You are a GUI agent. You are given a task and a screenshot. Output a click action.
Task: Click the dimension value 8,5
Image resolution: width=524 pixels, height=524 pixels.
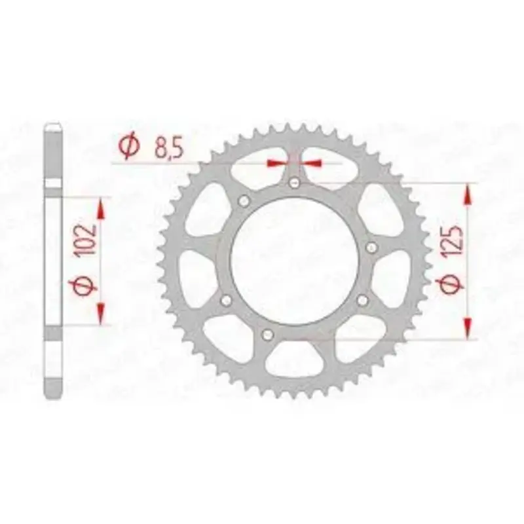(x=168, y=149)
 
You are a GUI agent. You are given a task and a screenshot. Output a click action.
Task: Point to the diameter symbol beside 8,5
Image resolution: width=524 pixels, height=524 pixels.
(x=128, y=147)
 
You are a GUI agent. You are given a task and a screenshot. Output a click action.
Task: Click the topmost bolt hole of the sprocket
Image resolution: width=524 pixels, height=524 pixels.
(x=294, y=182)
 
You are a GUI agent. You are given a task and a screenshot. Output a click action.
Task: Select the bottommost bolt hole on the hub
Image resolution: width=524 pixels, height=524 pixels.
(x=267, y=333)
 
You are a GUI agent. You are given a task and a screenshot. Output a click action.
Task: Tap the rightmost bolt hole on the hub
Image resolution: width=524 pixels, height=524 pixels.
(x=371, y=248)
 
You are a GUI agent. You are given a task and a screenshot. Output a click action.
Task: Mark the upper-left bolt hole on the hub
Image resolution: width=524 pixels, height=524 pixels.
(x=244, y=200)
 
